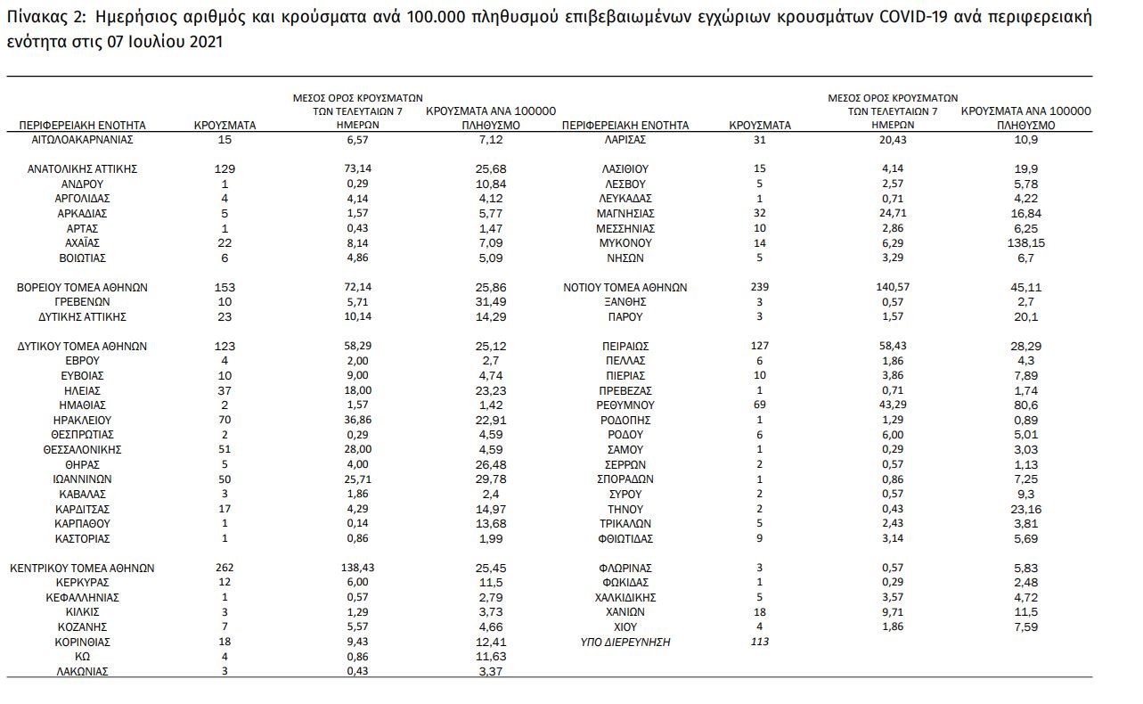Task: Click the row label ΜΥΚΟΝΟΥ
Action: pyautogui.click(x=625, y=242)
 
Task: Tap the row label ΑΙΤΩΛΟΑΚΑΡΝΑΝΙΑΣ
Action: pyautogui.click(x=82, y=140)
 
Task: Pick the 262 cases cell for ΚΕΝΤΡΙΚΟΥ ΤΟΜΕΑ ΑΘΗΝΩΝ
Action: pyautogui.click(x=225, y=568)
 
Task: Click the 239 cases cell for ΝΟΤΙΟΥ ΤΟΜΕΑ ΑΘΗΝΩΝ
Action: pyautogui.click(x=759, y=287)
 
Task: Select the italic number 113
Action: pyautogui.click(x=759, y=642)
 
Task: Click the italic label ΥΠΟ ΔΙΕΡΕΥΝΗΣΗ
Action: pyautogui.click(x=625, y=642)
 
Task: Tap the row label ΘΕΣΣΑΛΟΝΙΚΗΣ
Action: pyautogui.click(x=82, y=449)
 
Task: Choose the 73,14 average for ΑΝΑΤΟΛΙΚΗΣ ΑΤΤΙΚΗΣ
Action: pyautogui.click(x=357, y=168)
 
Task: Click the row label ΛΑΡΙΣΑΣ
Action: pyautogui.click(x=625, y=140)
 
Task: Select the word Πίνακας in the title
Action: pyautogui.click(x=35, y=18)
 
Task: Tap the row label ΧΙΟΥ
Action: pyautogui.click(x=625, y=626)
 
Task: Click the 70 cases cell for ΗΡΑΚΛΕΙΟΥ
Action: pyautogui.click(x=225, y=420)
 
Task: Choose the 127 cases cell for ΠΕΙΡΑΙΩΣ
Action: pyautogui.click(x=759, y=346)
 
